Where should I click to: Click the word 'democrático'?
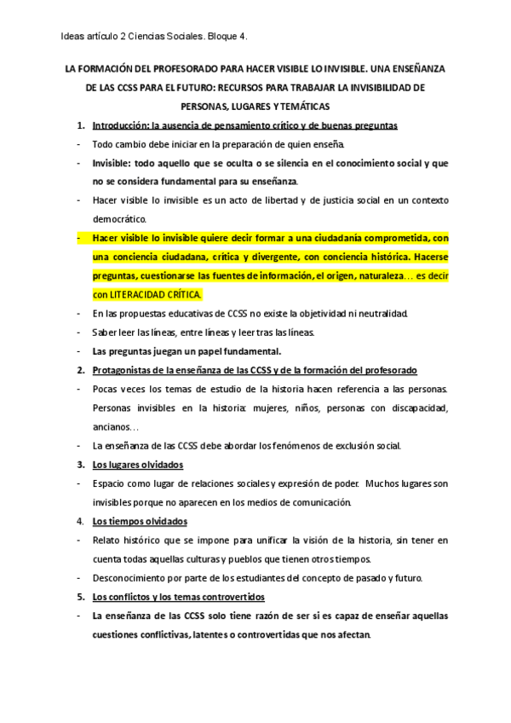pyautogui.click(x=121, y=219)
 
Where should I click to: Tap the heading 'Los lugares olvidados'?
pyautogui.click(x=137, y=465)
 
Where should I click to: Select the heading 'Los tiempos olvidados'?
pyautogui.click(x=140, y=521)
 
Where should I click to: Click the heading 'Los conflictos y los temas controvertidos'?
pyautogui.click(x=179, y=596)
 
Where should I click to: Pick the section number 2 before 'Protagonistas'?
pyautogui.click(x=81, y=370)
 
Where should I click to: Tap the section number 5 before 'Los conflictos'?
pyautogui.click(x=81, y=596)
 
